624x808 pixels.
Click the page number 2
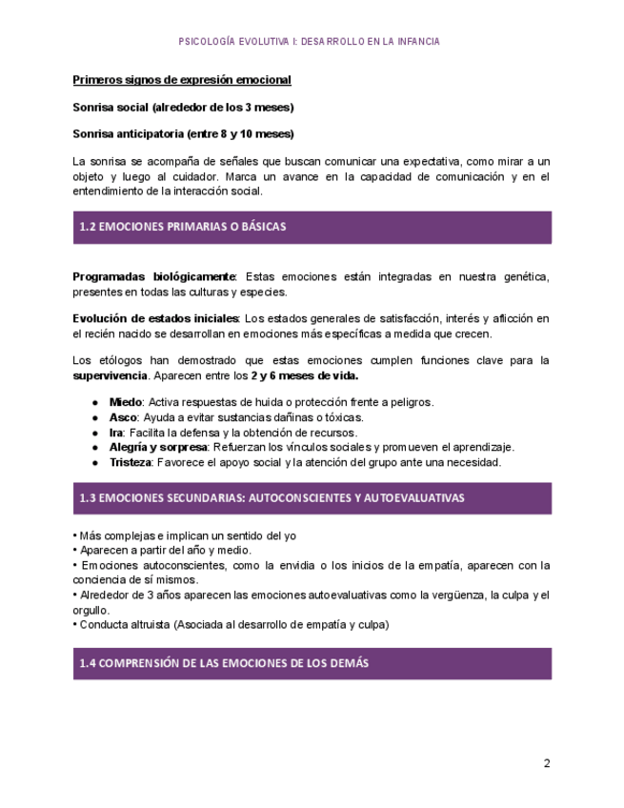(547, 763)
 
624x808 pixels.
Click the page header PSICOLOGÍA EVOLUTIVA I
(309, 42)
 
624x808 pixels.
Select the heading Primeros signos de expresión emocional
(182, 80)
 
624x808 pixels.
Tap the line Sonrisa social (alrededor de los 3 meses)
(183, 107)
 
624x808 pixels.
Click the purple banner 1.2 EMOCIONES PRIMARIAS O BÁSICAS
(312, 227)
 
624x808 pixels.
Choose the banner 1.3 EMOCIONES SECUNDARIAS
(312, 497)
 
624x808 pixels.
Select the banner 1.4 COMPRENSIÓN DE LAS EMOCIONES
(312, 663)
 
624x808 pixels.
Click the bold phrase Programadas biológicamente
(153, 276)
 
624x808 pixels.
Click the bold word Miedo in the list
(126, 402)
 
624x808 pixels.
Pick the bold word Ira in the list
(117, 433)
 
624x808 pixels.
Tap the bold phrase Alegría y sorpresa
(158, 447)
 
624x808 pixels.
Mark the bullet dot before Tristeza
(95, 462)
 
